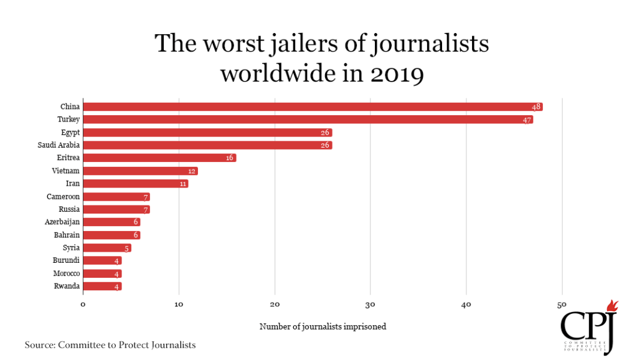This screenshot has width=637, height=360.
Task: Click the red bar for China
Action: coord(311,107)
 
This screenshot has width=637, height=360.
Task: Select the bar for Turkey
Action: coord(308,120)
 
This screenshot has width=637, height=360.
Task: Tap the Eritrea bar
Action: coord(159,158)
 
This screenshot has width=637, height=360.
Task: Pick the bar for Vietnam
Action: coord(140,171)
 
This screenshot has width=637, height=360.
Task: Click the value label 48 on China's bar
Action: coord(536,107)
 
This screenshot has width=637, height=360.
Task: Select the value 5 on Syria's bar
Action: coord(126,248)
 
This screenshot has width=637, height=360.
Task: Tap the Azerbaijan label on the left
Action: coord(62,222)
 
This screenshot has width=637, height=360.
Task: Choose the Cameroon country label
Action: coord(62,197)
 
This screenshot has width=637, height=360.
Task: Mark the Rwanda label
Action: coord(67,287)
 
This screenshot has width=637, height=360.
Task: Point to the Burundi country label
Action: coord(67,261)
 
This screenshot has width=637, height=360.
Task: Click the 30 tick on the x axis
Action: coord(370,304)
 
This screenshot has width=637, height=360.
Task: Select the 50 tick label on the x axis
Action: coord(562,304)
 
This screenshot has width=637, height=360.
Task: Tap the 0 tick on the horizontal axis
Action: coord(83,304)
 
